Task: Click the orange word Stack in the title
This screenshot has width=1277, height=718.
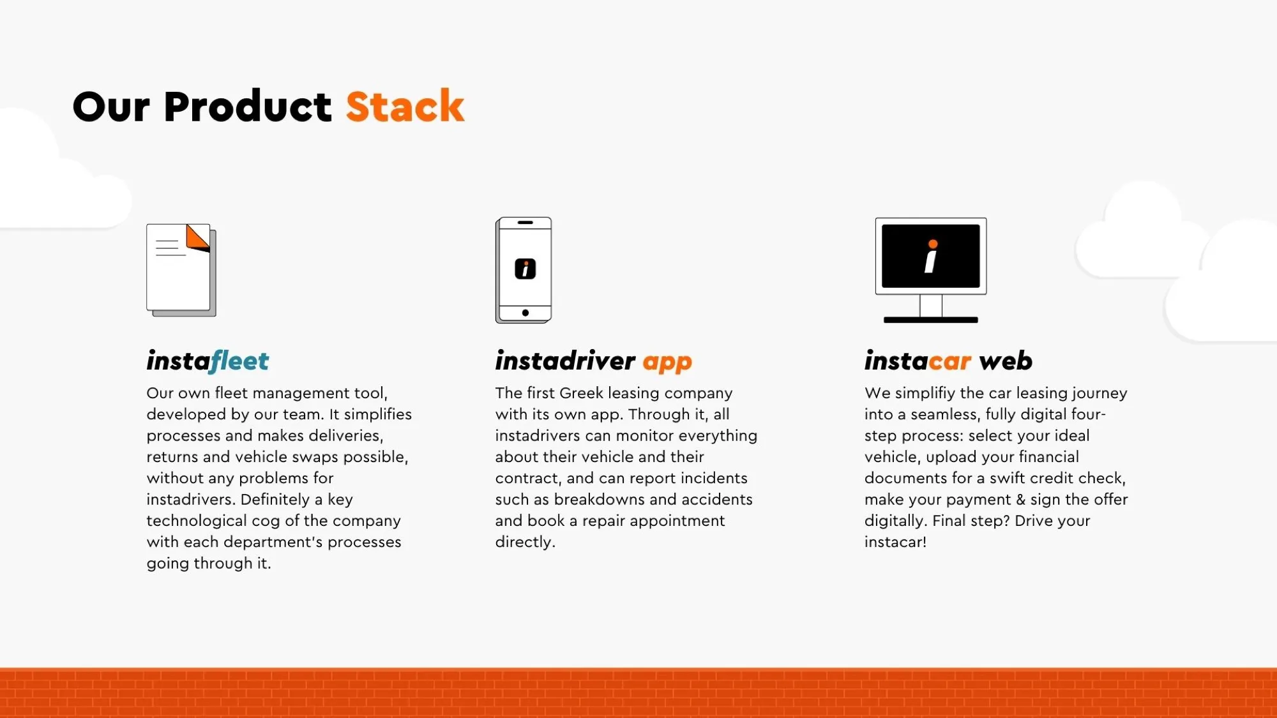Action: (x=405, y=106)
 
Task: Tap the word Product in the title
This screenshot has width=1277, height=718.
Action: (x=248, y=106)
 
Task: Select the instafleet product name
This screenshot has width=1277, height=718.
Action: (x=208, y=361)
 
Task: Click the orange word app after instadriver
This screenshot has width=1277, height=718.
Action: (x=667, y=363)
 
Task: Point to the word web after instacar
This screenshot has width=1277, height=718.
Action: (x=1006, y=361)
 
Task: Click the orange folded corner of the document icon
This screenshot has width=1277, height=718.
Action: (x=198, y=237)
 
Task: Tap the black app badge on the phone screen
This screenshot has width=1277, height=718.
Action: (x=525, y=269)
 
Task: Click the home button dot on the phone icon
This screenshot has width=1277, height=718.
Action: (x=525, y=313)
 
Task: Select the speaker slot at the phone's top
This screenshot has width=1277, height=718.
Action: (x=525, y=223)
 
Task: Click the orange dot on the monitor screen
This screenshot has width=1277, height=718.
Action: (x=933, y=244)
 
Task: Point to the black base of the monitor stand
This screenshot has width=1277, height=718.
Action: (x=931, y=320)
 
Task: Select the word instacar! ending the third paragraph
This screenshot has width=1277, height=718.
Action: (x=895, y=542)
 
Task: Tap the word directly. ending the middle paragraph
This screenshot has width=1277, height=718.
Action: (x=525, y=542)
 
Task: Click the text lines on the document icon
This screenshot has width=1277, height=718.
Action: (x=170, y=248)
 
